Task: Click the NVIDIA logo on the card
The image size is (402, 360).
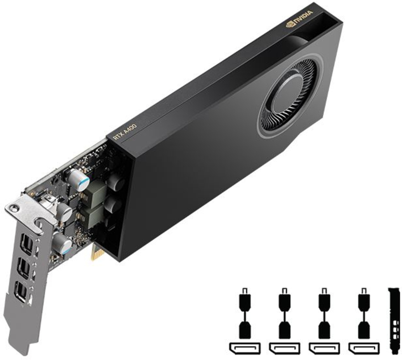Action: [x=299, y=18]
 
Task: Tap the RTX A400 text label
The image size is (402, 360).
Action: [x=125, y=132]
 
